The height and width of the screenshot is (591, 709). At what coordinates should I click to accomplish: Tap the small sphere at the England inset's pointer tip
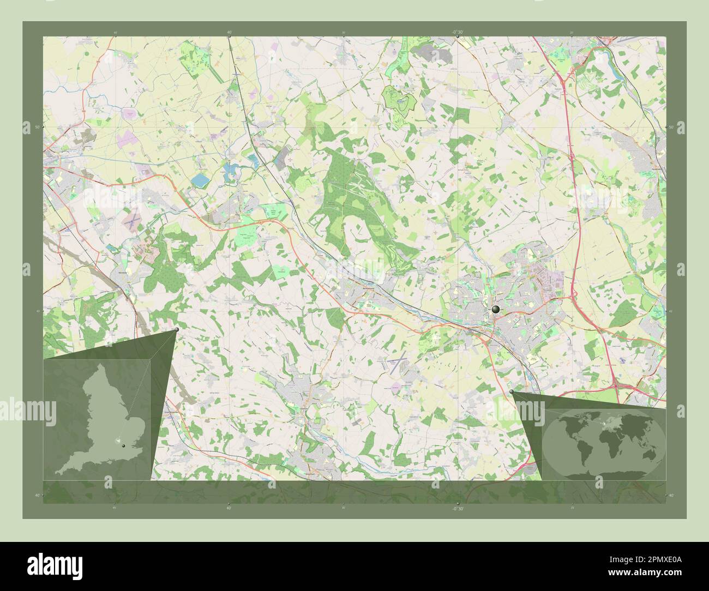tap(177, 330)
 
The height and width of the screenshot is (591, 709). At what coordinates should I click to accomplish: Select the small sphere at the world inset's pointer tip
tap(511, 391)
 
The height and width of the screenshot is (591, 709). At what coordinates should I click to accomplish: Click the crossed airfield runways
tap(399, 363)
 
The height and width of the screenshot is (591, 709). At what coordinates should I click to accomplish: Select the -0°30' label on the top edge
tap(457, 32)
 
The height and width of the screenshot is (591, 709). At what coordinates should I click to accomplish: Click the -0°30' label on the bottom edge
tap(457, 508)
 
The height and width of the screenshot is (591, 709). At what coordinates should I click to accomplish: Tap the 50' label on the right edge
tap(671, 127)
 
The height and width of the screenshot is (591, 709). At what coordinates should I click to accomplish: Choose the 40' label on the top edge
tap(229, 32)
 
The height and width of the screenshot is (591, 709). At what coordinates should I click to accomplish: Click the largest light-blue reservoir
tap(200, 180)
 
